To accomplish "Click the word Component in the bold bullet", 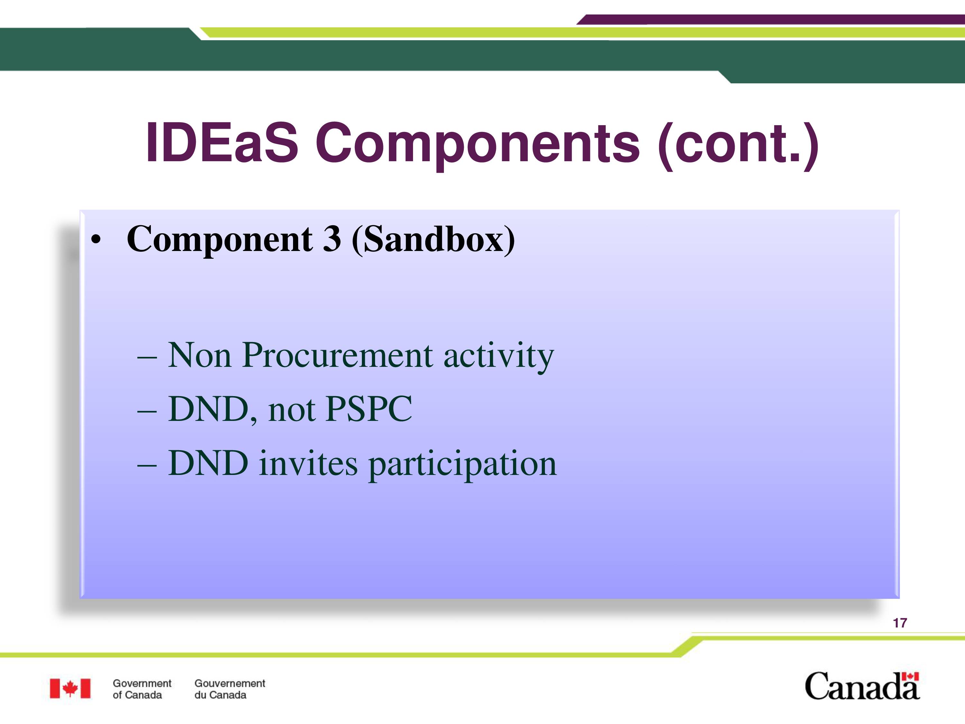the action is [219, 240].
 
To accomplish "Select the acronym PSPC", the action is [369, 409].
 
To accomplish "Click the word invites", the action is [308, 463].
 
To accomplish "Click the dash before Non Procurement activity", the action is [147, 357].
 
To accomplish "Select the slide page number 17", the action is [900, 623].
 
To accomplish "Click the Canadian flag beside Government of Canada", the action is [70, 689].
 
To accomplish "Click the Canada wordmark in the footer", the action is [862, 686].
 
